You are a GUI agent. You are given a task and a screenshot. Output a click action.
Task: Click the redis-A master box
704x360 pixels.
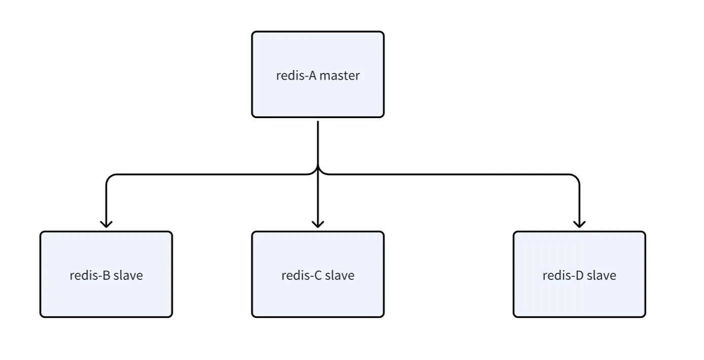click(x=318, y=75)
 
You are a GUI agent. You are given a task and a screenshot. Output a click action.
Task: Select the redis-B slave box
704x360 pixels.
click(x=106, y=274)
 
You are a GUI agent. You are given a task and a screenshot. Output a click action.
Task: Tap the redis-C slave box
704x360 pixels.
click(x=318, y=274)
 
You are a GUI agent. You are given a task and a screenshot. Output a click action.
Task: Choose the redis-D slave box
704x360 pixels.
click(x=579, y=274)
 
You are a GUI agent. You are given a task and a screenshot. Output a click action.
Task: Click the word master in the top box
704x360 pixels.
click(x=340, y=76)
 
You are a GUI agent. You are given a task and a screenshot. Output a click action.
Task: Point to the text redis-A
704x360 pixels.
click(x=296, y=76)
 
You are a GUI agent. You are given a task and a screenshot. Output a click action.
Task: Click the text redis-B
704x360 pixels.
click(x=90, y=275)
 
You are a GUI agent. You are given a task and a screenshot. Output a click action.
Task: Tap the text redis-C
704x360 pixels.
click(x=302, y=275)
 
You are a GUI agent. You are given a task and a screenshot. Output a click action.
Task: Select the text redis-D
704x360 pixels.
click(x=563, y=275)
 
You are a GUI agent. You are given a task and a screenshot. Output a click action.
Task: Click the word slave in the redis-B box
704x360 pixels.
click(x=128, y=275)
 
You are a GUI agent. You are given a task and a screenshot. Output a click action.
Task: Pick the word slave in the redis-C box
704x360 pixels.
click(x=340, y=275)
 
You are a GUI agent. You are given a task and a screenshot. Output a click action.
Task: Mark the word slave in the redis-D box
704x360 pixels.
click(x=602, y=275)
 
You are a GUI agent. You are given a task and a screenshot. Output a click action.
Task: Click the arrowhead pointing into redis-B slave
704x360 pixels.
click(x=106, y=224)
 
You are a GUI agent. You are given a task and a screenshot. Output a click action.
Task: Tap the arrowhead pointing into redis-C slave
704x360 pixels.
click(x=318, y=224)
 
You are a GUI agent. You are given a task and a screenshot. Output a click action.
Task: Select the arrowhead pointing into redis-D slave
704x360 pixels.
click(x=579, y=224)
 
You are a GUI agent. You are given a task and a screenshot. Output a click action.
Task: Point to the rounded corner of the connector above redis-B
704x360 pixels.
click(x=109, y=177)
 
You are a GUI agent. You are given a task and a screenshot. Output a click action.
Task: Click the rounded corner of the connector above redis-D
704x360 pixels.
click(x=576, y=177)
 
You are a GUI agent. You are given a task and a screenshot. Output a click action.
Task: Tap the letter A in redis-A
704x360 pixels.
click(x=312, y=76)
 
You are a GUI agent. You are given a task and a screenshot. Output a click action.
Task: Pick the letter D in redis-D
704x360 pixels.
click(x=579, y=275)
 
